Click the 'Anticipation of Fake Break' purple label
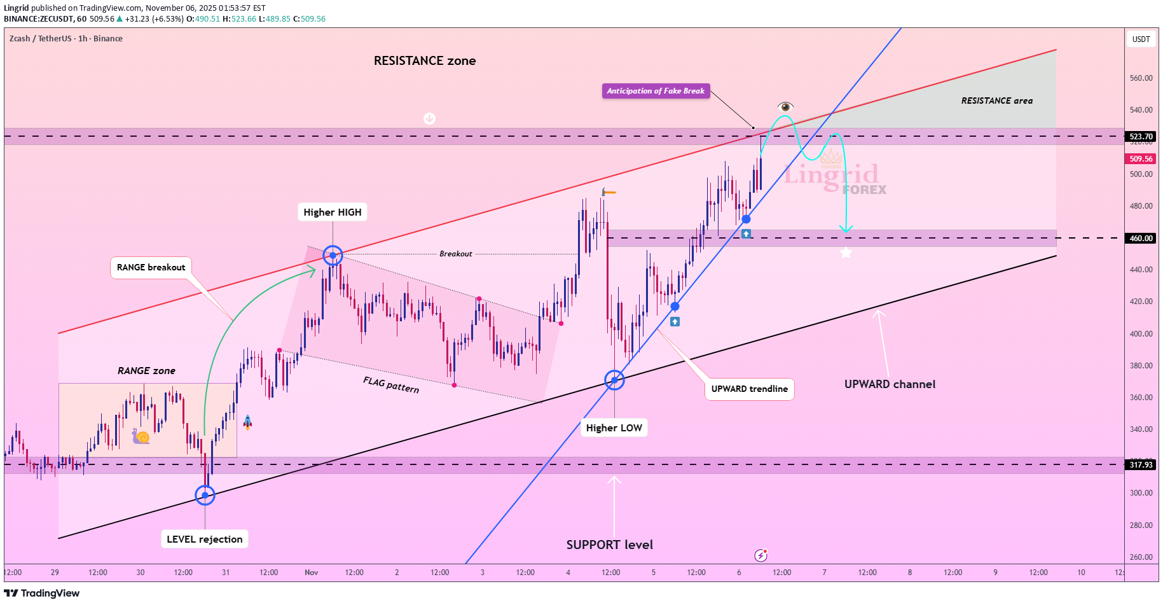point(656,91)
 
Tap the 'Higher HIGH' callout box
point(333,212)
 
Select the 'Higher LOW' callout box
point(614,428)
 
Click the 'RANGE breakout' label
point(151,267)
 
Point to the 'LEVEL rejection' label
point(205,539)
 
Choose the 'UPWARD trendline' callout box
point(749,389)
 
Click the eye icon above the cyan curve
point(785,106)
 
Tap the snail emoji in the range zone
point(141,436)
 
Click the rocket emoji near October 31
point(247,422)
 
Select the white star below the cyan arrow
point(846,253)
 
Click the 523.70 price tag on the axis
point(1141,136)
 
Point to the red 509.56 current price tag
point(1141,159)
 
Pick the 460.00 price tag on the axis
point(1141,239)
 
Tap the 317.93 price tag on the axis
point(1141,465)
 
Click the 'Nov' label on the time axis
point(311,573)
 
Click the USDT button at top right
point(1141,39)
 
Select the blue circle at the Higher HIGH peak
point(333,255)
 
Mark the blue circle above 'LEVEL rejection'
point(205,495)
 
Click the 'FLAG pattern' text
point(391,384)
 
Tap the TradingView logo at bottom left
point(42,593)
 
